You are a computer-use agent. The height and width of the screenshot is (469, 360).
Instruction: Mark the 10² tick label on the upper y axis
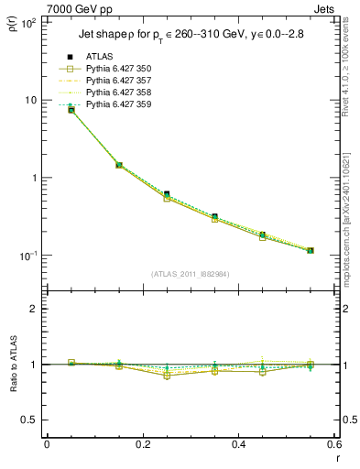pos(27,22)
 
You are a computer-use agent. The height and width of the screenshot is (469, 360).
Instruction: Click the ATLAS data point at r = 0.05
pos(71,110)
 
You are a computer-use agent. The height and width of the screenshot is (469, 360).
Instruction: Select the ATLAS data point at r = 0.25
pos(167,194)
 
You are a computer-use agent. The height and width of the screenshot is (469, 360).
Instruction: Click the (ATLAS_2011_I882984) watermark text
pos(191,273)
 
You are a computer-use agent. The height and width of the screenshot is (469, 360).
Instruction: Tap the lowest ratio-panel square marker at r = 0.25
pos(167,376)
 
